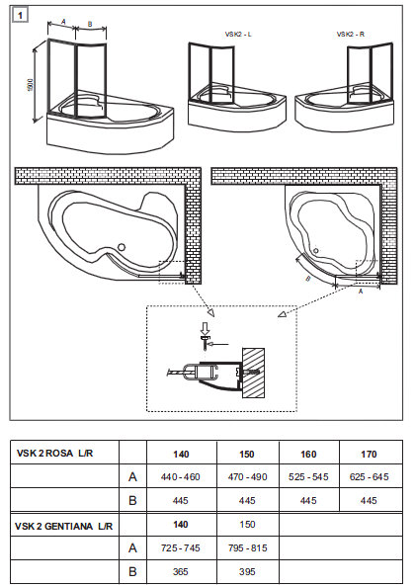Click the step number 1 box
pyautogui.click(x=20, y=16)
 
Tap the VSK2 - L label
pyautogui.click(x=238, y=34)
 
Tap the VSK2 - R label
pyautogui.click(x=351, y=34)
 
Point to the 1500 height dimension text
pyautogui.click(x=31, y=86)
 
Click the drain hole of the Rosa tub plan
pyautogui.click(x=121, y=247)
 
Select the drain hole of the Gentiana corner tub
pyautogui.click(x=315, y=250)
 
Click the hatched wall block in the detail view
pyautogui.click(x=254, y=374)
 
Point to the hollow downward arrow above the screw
pyautogui.click(x=205, y=328)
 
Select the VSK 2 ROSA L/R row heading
pyautogui.click(x=54, y=453)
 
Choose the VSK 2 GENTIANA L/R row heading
pyautogui.click(x=63, y=526)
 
